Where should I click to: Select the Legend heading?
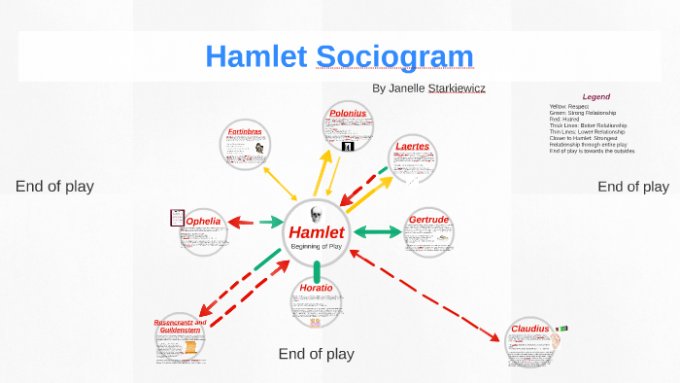click(595, 96)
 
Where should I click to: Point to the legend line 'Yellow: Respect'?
click(572, 106)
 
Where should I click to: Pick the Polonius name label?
click(348, 114)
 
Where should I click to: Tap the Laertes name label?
click(412, 147)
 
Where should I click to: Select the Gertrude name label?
click(428, 221)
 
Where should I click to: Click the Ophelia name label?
click(204, 222)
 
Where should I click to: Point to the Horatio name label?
click(316, 289)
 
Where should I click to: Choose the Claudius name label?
click(530, 330)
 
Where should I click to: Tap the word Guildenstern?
click(179, 331)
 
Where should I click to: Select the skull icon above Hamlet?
click(315, 214)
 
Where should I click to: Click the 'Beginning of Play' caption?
click(316, 247)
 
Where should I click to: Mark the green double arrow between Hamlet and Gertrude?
click(377, 232)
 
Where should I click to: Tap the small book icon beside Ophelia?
click(177, 218)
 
